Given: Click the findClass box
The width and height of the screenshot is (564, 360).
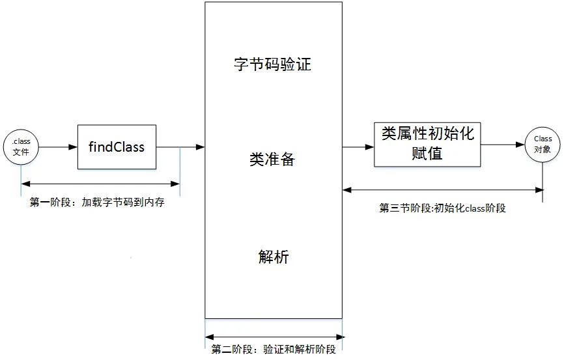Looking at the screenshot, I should tap(117, 147).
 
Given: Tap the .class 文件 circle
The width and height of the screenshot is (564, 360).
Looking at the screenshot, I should tap(21, 147).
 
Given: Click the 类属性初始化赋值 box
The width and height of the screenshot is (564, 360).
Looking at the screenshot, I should tap(428, 144).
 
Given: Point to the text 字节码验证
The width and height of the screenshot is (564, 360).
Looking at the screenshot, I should tap(273, 65).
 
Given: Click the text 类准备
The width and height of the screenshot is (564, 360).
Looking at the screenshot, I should tap(273, 159).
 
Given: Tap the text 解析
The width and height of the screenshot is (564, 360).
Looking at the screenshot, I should tap(273, 257).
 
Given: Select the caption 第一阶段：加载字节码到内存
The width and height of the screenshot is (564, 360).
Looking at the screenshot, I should tap(97, 202).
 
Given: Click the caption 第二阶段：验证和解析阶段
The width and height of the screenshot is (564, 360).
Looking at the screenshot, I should tap(274, 350).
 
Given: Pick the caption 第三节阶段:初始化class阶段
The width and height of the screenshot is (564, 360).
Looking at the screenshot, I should tap(443, 208).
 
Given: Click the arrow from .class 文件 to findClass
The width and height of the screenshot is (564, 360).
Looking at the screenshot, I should tap(57, 147).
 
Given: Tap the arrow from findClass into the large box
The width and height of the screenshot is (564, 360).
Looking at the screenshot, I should tap(180, 147).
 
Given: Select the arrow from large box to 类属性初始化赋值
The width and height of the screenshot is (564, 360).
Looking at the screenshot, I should tap(358, 147).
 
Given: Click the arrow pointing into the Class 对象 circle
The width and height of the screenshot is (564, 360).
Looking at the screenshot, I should tap(503, 143).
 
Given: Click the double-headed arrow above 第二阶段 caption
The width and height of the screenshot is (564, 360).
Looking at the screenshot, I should tap(274, 337).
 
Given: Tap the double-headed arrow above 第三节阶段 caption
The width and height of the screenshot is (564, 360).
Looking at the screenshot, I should tap(443, 189).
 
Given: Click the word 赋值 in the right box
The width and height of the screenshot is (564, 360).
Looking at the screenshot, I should tap(428, 154).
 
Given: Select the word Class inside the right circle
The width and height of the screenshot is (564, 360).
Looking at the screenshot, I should tap(543, 139).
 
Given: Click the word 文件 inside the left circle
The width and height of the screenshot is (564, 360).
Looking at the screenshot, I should tap(21, 152).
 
